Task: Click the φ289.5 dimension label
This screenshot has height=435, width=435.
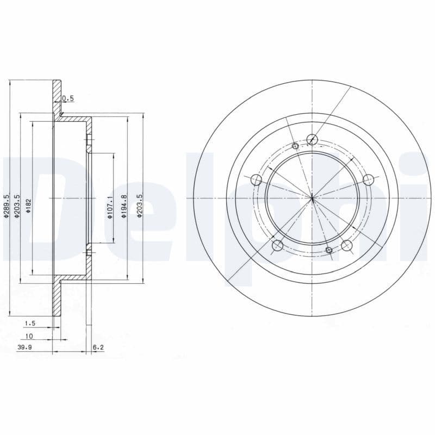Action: [x=7, y=207]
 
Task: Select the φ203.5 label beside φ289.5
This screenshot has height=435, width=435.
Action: [x=17, y=207]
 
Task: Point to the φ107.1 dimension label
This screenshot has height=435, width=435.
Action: [x=110, y=207]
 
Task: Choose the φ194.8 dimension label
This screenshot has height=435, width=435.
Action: [x=124, y=207]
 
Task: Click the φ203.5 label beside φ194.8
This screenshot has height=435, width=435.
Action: [x=139, y=207]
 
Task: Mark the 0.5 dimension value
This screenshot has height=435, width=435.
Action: [x=68, y=98]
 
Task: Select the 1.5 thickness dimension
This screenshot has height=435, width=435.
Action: [x=30, y=324]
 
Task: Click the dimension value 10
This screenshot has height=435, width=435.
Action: [x=29, y=337]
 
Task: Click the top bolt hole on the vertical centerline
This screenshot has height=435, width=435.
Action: [x=312, y=139]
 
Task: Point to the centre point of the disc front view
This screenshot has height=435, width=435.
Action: [x=313, y=198]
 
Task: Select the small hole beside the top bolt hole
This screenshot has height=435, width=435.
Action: [x=295, y=146]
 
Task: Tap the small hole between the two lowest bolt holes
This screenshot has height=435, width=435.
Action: [x=328, y=250]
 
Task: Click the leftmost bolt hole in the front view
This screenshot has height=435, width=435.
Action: [x=256, y=179]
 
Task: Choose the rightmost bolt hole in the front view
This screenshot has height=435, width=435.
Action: [x=368, y=179]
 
